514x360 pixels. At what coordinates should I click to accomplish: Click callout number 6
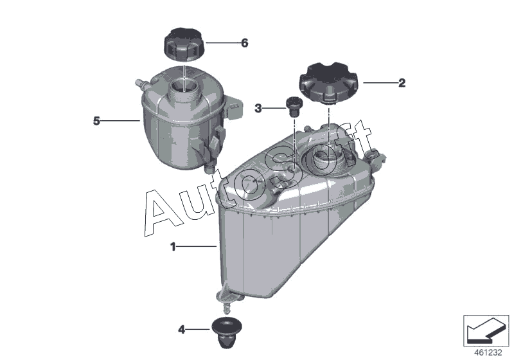point(245,43)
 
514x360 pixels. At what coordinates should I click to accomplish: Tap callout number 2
point(402,83)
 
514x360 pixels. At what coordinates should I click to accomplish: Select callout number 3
point(258,108)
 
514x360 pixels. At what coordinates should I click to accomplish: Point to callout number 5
point(96,121)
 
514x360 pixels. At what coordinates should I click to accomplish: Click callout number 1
point(173,247)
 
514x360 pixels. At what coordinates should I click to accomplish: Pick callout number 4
point(182,329)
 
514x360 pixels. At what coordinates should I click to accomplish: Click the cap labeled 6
point(184,44)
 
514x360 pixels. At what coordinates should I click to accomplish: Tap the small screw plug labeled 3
point(294,107)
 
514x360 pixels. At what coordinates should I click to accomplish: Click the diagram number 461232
point(488,353)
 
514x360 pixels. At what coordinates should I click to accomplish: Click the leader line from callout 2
point(380,83)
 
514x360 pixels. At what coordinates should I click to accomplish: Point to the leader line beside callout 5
point(120,121)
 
